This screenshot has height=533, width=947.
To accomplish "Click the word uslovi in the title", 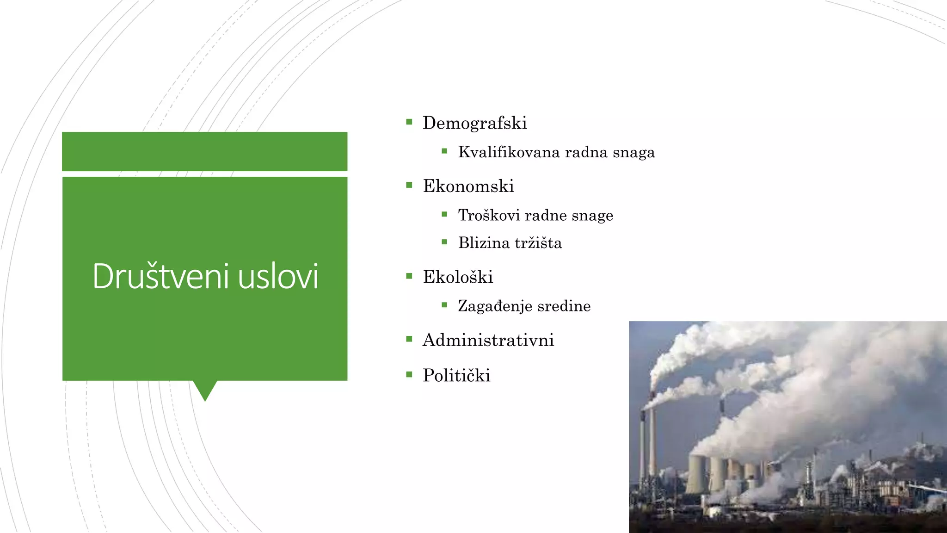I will [278, 276].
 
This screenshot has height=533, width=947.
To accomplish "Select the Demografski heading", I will [474, 123].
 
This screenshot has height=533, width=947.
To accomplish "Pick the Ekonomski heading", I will [468, 186].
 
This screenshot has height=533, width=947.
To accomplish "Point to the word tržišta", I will [538, 243].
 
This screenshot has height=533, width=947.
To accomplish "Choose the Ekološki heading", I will [458, 277].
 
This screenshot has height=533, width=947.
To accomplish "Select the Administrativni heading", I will [488, 340].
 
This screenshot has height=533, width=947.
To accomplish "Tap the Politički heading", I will [456, 375].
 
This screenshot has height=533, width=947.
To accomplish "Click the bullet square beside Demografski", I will [409, 122].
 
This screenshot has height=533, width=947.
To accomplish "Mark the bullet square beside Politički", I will [409, 375].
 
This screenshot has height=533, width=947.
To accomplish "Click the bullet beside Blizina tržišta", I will [444, 242].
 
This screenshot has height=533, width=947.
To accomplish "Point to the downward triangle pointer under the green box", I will [205, 390].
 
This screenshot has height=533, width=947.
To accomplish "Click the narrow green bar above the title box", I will [204, 151].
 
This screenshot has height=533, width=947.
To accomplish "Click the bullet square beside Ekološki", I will [409, 276].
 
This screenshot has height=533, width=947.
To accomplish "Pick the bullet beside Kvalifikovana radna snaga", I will [444, 151].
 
